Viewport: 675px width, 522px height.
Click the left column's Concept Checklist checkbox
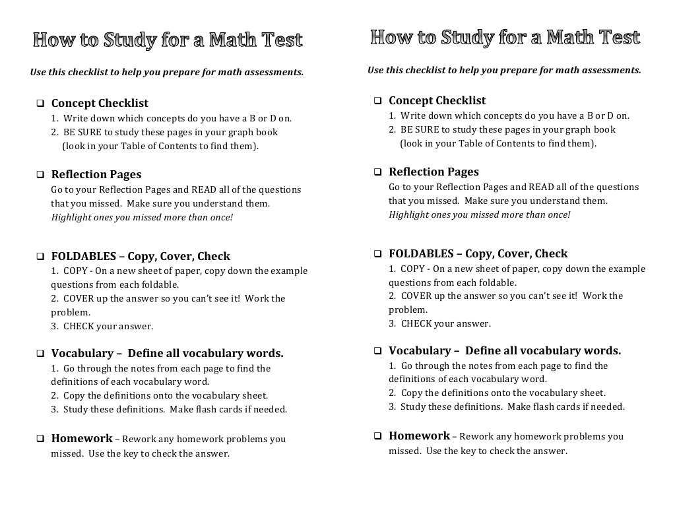(x=40, y=104)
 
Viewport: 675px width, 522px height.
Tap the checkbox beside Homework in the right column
(x=377, y=436)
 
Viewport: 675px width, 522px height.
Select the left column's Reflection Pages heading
(x=96, y=175)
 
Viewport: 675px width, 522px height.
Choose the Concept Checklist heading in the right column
(x=437, y=101)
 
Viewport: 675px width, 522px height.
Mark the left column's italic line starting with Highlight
(x=142, y=217)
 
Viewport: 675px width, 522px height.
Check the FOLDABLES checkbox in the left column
(x=40, y=257)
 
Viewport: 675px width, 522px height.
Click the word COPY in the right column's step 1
(x=413, y=269)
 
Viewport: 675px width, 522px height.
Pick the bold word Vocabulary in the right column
(x=419, y=351)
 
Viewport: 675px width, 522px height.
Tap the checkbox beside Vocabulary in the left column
(x=40, y=354)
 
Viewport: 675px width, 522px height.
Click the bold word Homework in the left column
(x=82, y=439)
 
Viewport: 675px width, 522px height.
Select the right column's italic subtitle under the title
(x=504, y=70)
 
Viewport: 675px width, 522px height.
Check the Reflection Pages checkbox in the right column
(x=377, y=172)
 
